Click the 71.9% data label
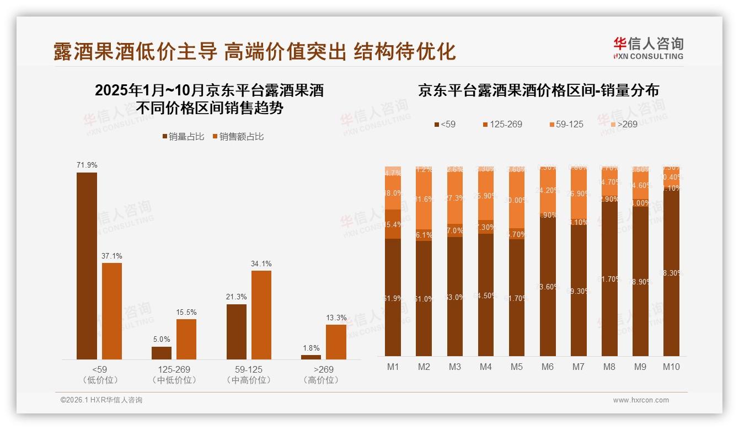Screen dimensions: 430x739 click(87, 165)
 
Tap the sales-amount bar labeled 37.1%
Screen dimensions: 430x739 click(112, 311)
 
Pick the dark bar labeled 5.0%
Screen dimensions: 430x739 click(162, 353)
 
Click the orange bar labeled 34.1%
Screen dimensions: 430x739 click(261, 315)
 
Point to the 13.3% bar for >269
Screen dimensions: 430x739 click(336, 342)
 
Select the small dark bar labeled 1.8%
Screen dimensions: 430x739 click(311, 357)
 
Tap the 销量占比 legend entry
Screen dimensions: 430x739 click(183, 137)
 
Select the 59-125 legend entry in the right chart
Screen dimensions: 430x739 click(565, 124)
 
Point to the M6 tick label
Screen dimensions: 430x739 click(547, 367)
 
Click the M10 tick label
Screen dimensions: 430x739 click(671, 367)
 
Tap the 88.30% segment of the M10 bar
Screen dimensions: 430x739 click(671, 273)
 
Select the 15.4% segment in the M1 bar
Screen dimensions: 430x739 click(393, 224)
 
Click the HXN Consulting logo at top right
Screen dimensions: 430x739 click(648, 48)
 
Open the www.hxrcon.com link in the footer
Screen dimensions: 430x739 click(641, 400)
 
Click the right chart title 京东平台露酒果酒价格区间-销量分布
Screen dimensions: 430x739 click(538, 90)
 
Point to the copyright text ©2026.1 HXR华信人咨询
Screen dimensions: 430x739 click(101, 400)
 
